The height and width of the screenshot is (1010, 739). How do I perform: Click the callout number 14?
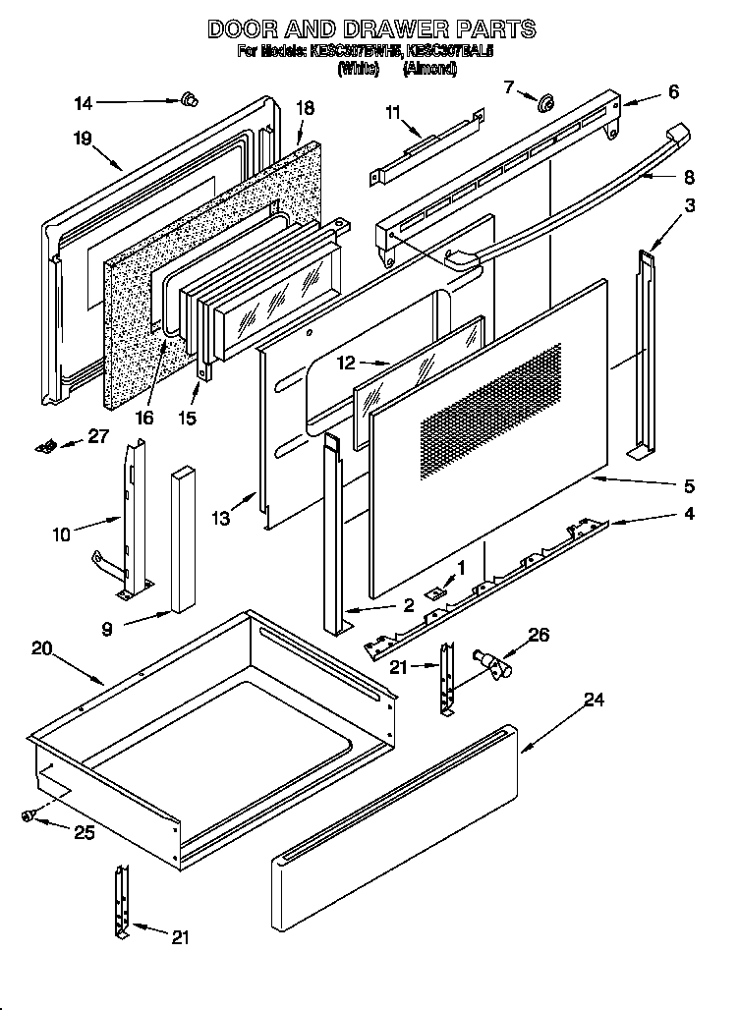pos(84,101)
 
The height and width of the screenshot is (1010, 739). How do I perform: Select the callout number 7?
pos(509,87)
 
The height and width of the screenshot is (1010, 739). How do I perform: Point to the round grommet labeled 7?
pos(543,100)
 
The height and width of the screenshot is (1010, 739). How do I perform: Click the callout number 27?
pos(98,438)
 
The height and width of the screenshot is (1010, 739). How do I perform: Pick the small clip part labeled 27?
pos(44,447)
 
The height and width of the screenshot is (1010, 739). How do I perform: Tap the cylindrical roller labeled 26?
pos(488,663)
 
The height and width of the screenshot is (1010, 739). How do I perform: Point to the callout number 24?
pos(594,700)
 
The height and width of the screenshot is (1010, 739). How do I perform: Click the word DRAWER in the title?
pos(369,28)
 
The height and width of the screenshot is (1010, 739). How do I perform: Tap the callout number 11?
pos(394,114)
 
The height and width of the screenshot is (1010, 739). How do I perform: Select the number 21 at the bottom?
pos(179,937)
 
